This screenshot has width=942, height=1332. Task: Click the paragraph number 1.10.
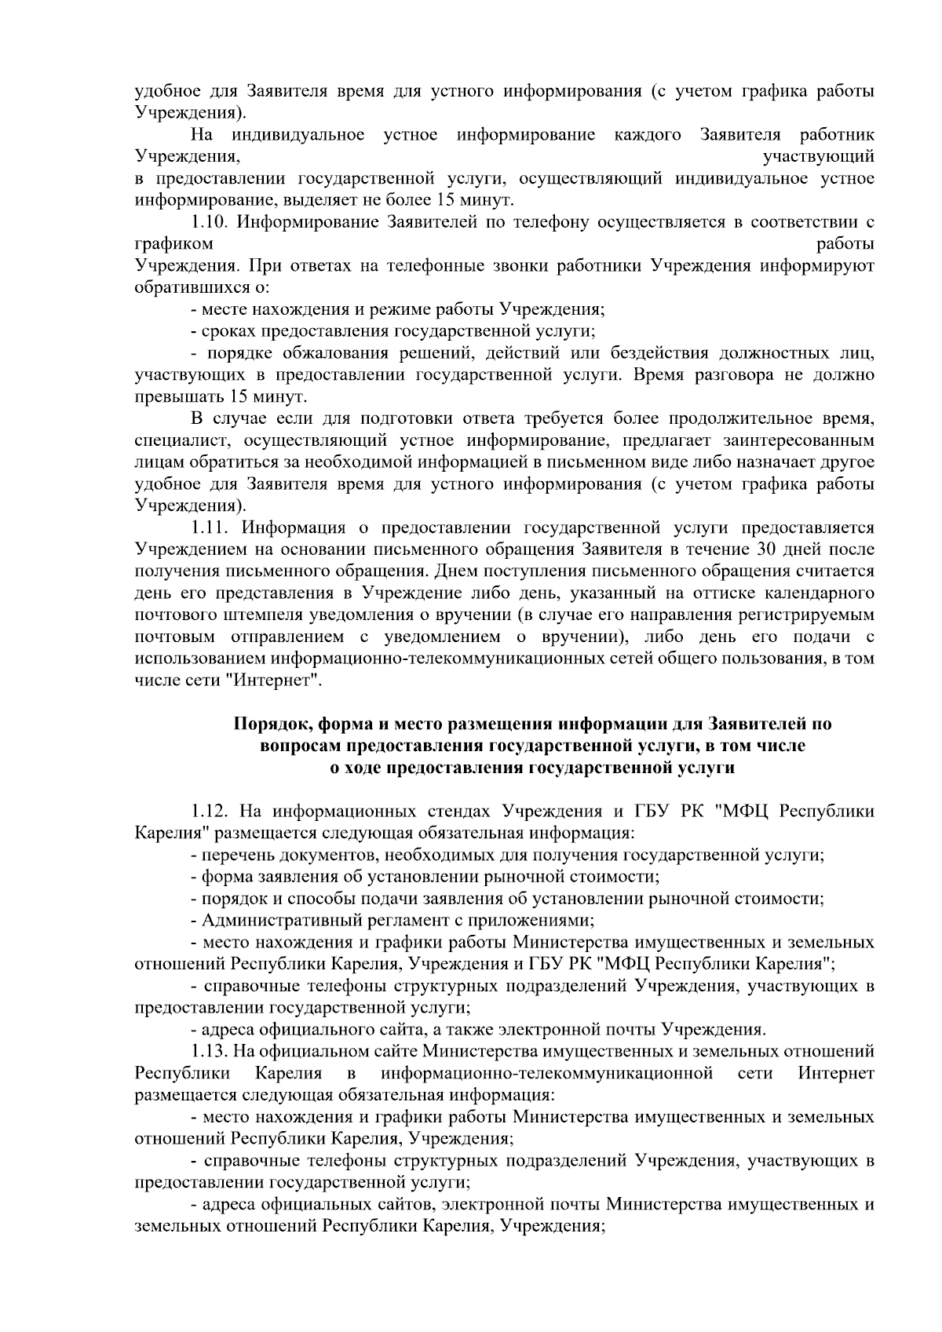coord(210,222)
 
